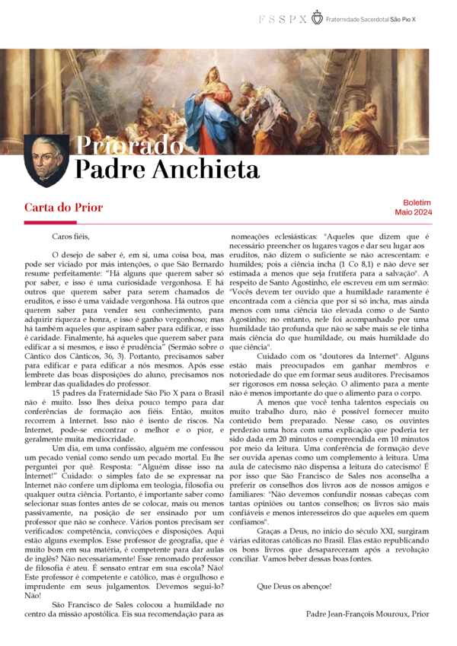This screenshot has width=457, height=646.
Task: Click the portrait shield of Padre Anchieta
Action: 47,161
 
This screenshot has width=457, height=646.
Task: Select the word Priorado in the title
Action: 126,146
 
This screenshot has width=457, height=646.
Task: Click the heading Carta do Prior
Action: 63,208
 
